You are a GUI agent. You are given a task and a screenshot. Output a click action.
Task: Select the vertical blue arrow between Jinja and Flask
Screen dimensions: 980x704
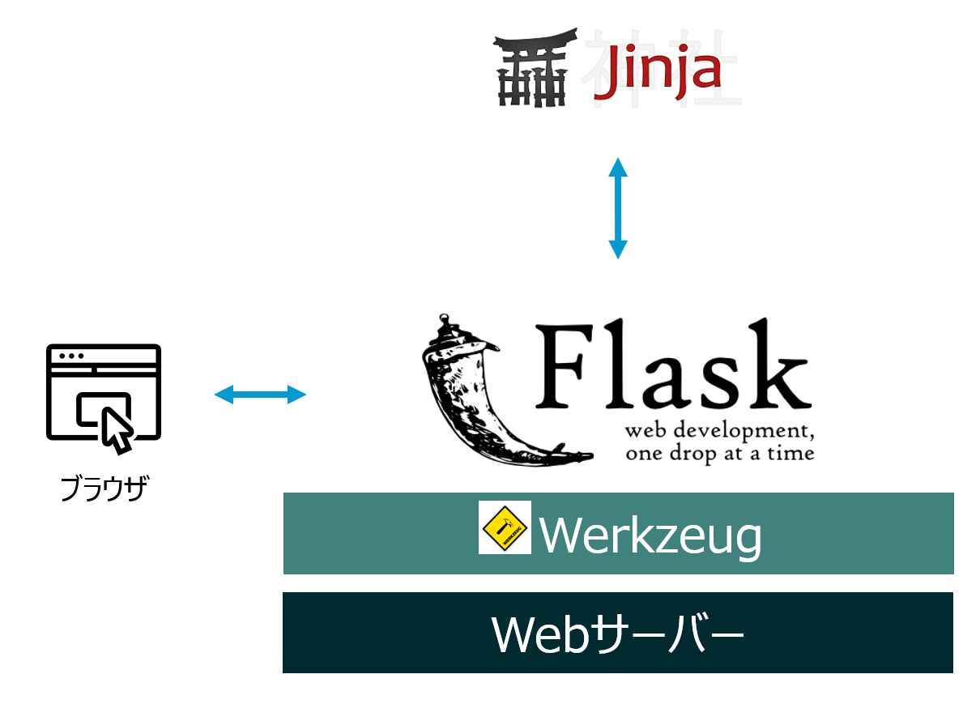618,209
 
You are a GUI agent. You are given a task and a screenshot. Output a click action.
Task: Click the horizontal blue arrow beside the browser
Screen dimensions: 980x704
260,395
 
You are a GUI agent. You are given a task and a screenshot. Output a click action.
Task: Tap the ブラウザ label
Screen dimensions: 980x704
104,489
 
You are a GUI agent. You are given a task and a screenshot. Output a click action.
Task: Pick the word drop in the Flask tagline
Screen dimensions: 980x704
693,454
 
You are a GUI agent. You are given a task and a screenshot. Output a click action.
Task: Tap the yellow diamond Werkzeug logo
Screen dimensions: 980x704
505,527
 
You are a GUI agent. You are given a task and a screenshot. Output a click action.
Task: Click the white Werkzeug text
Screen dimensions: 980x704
650,536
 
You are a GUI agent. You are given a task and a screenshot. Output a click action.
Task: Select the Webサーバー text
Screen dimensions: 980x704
617,634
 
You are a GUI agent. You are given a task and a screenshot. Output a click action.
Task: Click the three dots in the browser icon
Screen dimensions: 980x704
71,356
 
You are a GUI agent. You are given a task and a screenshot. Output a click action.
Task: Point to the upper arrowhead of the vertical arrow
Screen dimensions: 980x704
618,167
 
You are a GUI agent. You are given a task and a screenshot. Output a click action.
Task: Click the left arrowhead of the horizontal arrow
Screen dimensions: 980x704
224,395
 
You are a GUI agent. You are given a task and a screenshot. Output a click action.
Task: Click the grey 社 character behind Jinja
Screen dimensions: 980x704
705,69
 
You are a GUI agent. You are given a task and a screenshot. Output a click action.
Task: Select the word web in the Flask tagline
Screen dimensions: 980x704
646,431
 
